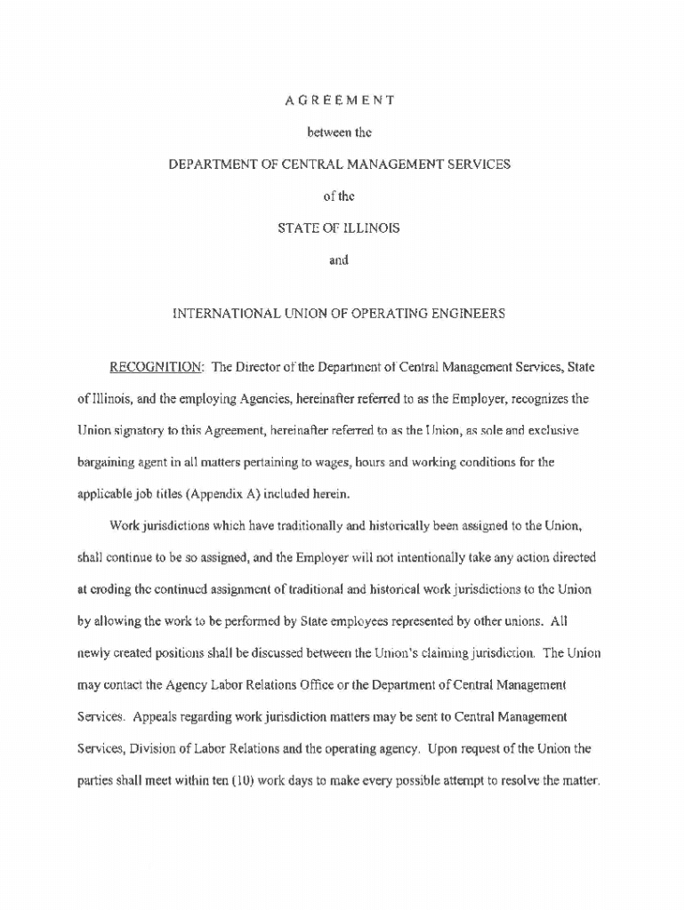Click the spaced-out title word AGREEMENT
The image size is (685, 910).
340,100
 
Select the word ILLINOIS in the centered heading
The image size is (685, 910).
365,228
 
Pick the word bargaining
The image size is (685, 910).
110,462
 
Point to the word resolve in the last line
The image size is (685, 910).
521,781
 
